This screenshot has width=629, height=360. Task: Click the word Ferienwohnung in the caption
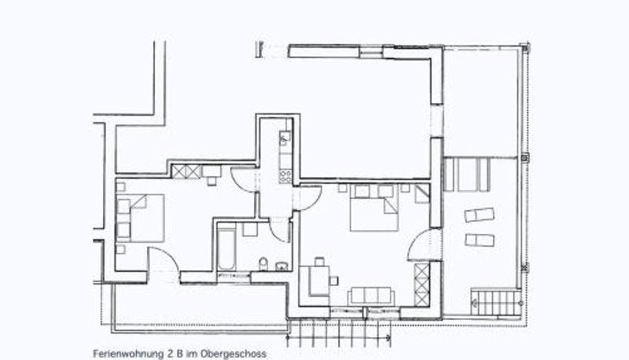click(x=128, y=354)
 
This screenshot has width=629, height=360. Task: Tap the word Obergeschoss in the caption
click(x=234, y=354)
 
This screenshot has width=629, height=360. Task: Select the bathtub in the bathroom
click(x=226, y=249)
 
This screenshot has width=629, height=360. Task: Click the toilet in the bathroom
click(x=263, y=264)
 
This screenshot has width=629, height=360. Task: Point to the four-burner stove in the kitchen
click(x=285, y=176)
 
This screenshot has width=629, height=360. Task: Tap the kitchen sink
click(x=285, y=138)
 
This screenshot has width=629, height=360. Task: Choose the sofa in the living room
click(x=371, y=296)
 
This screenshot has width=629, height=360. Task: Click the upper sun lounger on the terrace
click(x=480, y=215)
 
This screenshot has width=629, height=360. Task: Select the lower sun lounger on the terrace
click(x=480, y=241)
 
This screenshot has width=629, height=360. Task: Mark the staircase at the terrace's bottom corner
click(x=497, y=303)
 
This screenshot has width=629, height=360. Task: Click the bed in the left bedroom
click(x=141, y=218)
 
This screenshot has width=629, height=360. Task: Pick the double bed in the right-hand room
click(x=374, y=208)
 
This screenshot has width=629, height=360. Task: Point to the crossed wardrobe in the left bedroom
click(x=186, y=171)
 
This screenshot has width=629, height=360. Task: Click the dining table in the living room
click(x=319, y=281)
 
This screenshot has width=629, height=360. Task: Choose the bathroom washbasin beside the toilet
click(x=281, y=266)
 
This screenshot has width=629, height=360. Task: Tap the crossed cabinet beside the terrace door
click(x=421, y=285)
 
